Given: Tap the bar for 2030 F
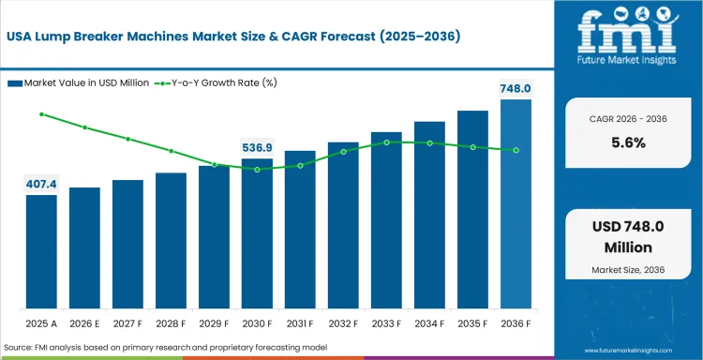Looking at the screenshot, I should tap(257, 233).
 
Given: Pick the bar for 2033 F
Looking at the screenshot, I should tap(386, 220).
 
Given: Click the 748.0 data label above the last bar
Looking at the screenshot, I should tap(514, 88).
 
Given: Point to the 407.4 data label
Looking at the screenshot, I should tap(41, 184).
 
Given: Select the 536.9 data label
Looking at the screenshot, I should tap(257, 147).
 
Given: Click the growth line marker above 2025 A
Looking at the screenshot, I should tap(41, 114).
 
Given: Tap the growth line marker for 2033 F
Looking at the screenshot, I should tap(386, 142).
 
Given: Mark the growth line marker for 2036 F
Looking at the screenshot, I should tap(516, 150).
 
